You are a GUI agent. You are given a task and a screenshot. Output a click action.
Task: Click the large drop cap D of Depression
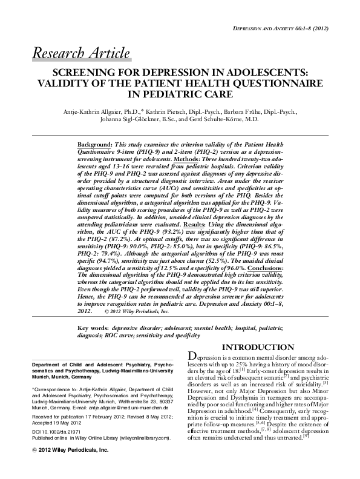tap(194, 357)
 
